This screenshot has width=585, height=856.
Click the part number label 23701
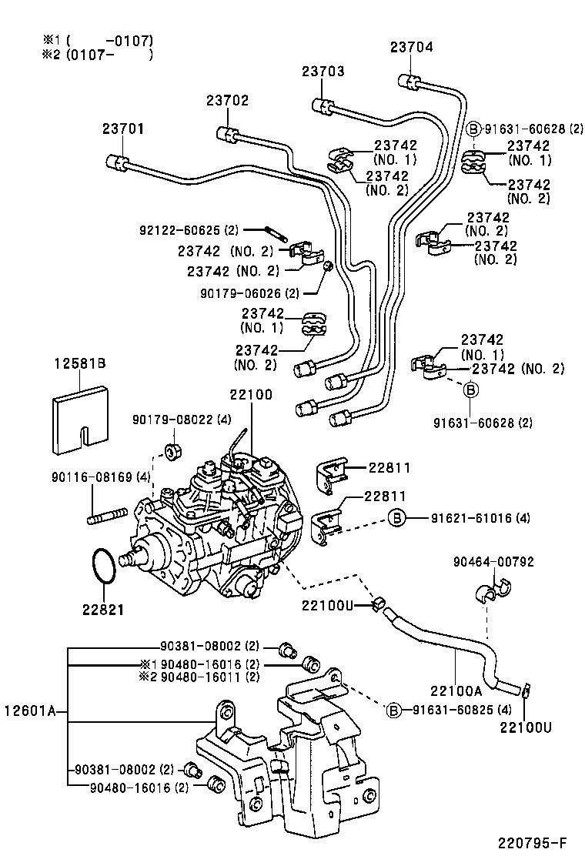pos(123,130)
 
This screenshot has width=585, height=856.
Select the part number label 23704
pos(411,47)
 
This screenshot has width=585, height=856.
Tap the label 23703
pos(323,72)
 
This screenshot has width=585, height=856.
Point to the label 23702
pos(227,100)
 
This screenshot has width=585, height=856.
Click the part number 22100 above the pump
pos(250,395)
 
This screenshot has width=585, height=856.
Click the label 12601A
pos(32,711)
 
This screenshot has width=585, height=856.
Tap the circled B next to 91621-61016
pos(396,517)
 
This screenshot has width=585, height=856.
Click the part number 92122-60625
pos(179,230)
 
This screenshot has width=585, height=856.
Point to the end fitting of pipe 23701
pos(115,162)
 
